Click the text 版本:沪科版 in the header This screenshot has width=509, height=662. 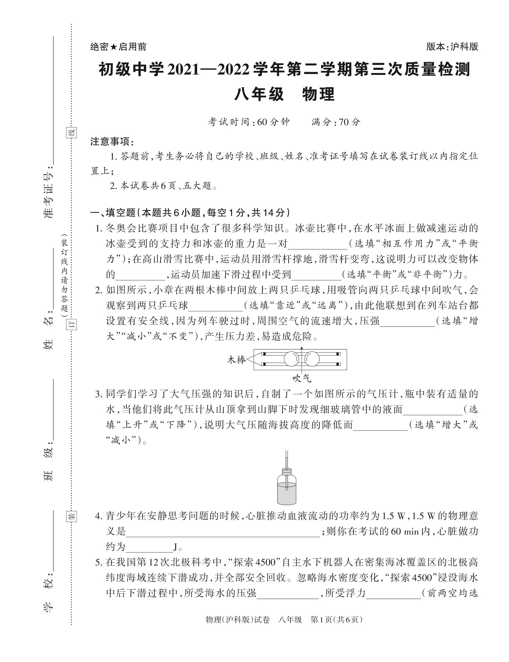[x=452, y=47]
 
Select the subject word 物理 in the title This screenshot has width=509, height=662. [x=318, y=94]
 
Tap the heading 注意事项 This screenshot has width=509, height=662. [x=112, y=142]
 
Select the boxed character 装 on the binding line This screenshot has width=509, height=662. [x=72, y=516]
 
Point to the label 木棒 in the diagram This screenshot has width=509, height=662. [x=236, y=360]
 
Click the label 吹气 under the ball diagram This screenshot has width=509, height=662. [x=301, y=378]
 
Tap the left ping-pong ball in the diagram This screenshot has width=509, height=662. [x=291, y=359]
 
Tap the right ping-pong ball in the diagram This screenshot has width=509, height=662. [x=312, y=359]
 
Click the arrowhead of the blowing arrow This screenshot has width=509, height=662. [x=302, y=349]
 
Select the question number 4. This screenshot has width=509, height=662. [x=97, y=516]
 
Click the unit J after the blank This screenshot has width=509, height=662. [x=175, y=547]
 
